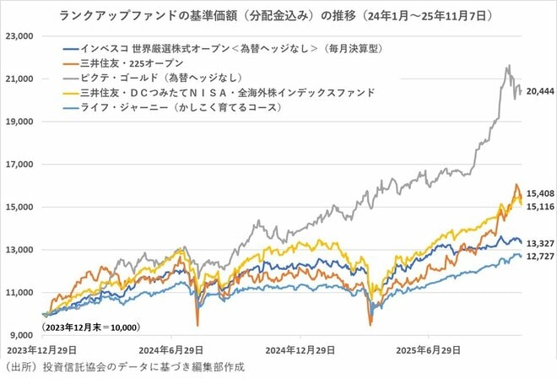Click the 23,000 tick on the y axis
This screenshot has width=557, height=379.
19,36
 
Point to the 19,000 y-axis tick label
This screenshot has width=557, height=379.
19,122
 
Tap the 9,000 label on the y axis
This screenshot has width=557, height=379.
21,335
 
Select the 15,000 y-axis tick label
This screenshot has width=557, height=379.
19,207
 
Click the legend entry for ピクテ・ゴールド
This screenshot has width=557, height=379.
144,77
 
